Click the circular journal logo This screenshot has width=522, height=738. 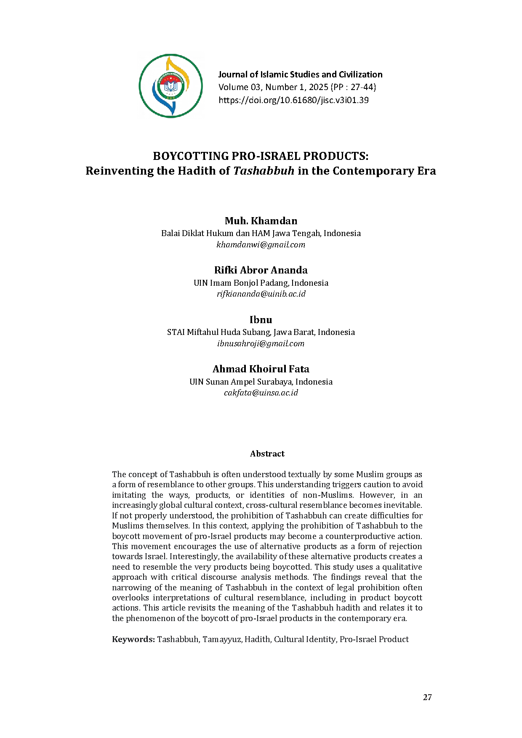pos(170,86)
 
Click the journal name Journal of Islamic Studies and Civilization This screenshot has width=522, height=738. pos(300,74)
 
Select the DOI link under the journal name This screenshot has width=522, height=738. pos(293,100)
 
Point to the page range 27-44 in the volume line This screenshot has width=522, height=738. pos(362,87)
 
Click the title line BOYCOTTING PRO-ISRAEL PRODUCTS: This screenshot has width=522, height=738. pos(261,156)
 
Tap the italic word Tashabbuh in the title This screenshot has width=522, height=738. pos(264,171)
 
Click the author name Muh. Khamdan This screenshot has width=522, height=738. pos(261,221)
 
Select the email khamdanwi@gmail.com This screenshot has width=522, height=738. pos(261,244)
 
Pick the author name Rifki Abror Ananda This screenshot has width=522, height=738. pos(261,270)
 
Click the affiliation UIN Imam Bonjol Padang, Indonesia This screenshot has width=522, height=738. pos(261,283)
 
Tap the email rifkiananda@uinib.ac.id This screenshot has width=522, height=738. pos(261,294)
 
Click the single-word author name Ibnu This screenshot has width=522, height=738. pos(261,320)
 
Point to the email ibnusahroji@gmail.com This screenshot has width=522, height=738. pos(261,343)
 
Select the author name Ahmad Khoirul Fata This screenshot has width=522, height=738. pos(261,369)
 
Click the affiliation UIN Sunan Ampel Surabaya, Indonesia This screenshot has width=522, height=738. pos(261,382)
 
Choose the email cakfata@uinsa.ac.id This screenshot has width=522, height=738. pos(261,393)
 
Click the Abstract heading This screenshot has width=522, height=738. pos(267,454)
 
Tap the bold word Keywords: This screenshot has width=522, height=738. pos(133,639)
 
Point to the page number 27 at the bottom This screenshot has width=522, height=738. pos(427,697)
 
